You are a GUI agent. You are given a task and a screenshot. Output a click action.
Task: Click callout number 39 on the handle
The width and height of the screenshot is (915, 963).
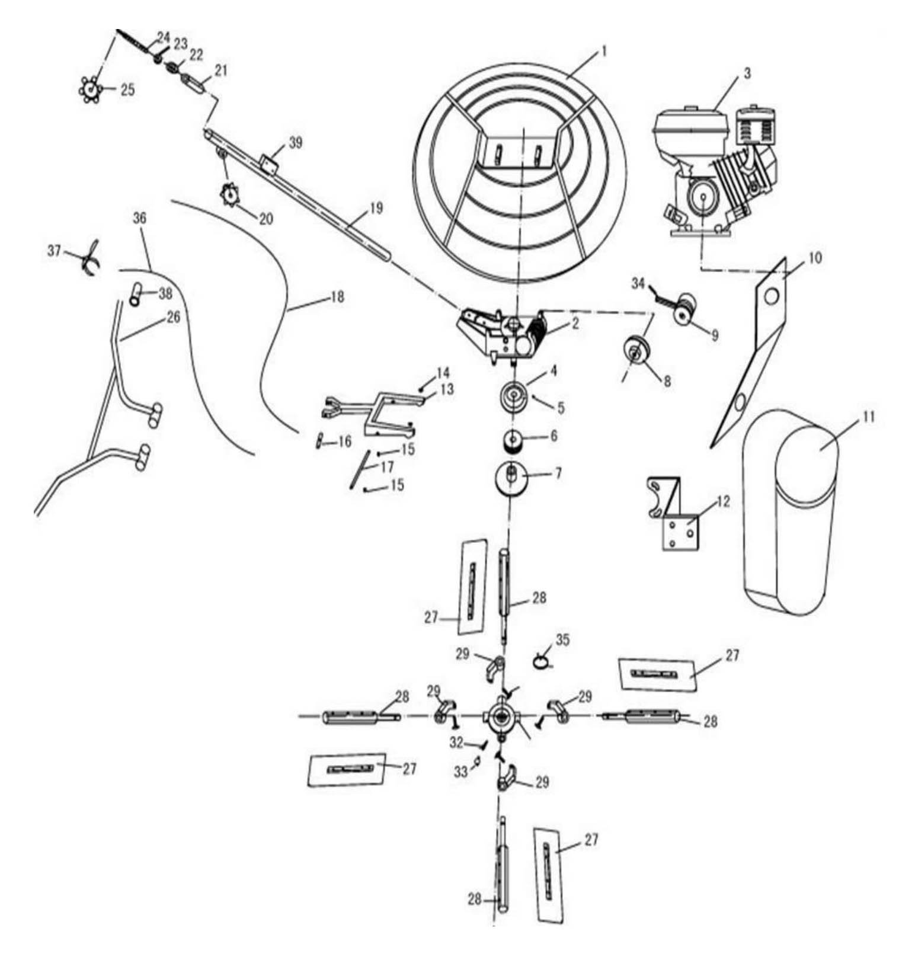tap(295, 143)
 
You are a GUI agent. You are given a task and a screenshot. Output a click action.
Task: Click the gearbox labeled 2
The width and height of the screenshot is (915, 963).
tap(501, 335)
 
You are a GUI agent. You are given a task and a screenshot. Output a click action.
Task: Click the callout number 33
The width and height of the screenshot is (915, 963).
tap(460, 772)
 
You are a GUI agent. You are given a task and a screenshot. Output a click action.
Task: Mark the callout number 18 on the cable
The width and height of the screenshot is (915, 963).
tap(337, 296)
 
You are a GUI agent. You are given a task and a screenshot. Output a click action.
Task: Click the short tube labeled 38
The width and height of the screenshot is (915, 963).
tap(136, 293)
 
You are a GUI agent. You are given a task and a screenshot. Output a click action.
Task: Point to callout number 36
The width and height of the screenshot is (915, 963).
tap(139, 218)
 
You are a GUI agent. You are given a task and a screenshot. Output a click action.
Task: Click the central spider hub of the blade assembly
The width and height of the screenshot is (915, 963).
tap(501, 717)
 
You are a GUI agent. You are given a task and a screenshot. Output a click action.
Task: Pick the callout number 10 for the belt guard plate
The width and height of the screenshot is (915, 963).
tap(815, 258)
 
